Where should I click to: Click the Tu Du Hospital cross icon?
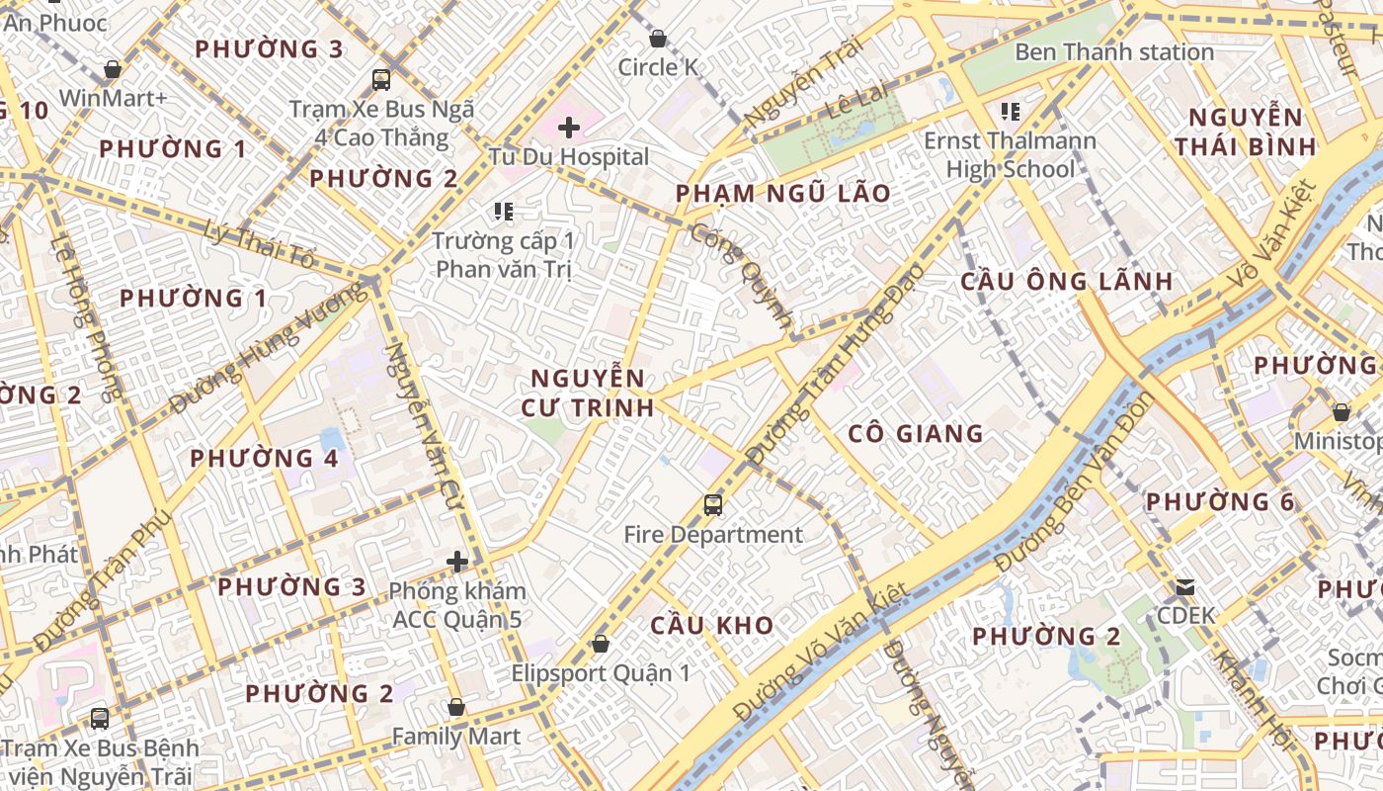569,128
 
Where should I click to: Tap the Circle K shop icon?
658,39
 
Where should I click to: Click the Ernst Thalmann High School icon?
1010,111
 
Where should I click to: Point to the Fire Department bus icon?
713,505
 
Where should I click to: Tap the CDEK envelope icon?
1185,587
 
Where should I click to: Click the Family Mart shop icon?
455,707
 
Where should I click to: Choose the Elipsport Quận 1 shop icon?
600,644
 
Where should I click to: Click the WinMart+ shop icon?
113,69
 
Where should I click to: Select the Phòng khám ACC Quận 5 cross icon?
457,562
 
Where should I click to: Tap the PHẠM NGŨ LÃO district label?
783,193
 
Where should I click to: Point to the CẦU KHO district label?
711,625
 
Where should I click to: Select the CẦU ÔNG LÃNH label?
1067,281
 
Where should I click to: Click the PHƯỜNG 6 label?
1219,501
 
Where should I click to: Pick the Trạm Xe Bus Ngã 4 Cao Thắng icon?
381,80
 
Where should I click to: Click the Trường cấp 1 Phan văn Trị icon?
504,212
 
